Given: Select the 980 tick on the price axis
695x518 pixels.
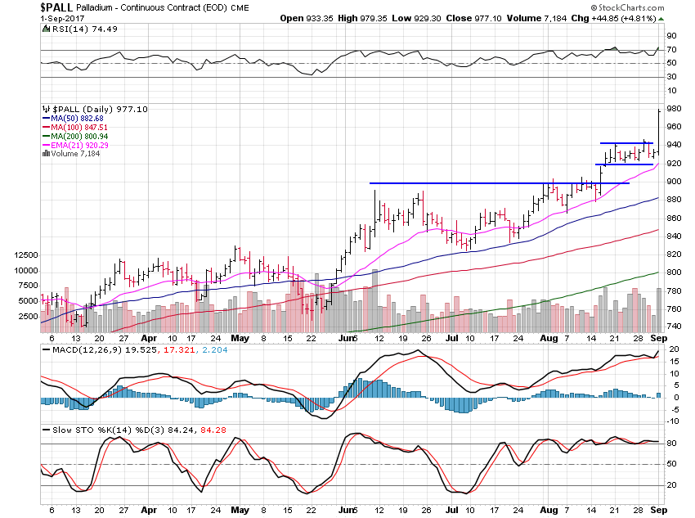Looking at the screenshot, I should (x=672, y=109).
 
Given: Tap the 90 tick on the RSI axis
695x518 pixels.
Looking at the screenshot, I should (x=670, y=36).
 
